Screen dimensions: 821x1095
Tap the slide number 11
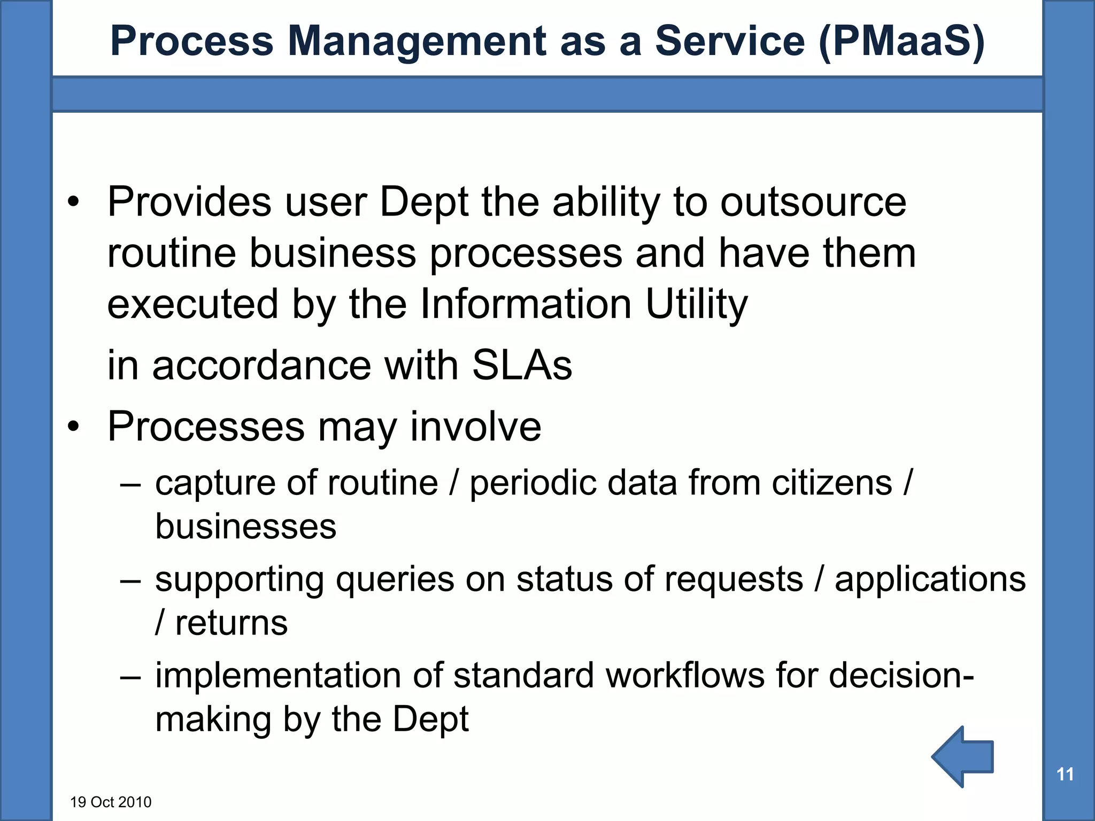(1065, 774)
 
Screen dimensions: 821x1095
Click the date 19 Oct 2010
(111, 802)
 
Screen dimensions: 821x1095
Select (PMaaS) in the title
(901, 42)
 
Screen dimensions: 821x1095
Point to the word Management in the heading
(417, 42)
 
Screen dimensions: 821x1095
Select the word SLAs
(522, 366)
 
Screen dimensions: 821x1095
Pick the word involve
(475, 427)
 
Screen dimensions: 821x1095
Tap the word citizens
(831, 483)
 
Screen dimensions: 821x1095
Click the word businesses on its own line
(245, 526)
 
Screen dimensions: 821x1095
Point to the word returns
(231, 623)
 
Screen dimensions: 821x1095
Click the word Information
(526, 304)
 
